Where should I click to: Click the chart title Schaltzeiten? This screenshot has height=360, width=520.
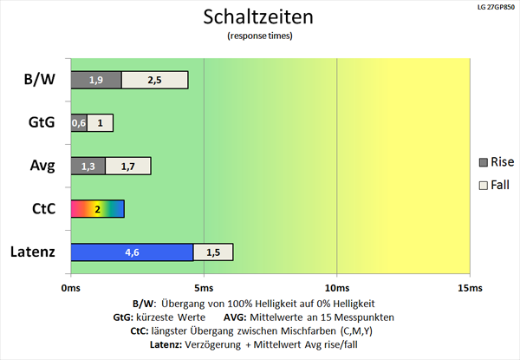pyautogui.click(x=260, y=16)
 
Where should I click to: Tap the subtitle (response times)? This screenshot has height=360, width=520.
pyautogui.click(x=260, y=36)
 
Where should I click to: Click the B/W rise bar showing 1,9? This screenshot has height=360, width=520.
pyautogui.click(x=95, y=80)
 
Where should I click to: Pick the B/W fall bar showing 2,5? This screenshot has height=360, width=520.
pyautogui.click(x=155, y=80)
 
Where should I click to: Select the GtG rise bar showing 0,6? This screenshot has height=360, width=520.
pyautogui.click(x=78, y=122)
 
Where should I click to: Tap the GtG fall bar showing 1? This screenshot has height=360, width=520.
pyautogui.click(x=100, y=122)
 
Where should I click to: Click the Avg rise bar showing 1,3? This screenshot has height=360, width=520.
pyautogui.click(x=88, y=166)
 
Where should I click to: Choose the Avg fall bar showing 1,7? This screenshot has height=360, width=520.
pyautogui.click(x=128, y=166)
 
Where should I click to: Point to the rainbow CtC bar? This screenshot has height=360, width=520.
pyautogui.click(x=97, y=209)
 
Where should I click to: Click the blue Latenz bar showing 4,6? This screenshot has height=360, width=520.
pyautogui.click(x=131, y=252)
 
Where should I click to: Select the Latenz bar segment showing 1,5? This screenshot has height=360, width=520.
pyautogui.click(x=213, y=252)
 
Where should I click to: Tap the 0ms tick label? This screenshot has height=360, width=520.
pyautogui.click(x=71, y=286)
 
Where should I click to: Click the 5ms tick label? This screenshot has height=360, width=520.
pyautogui.click(x=204, y=286)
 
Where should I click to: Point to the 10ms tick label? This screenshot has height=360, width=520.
pyautogui.click(x=336, y=286)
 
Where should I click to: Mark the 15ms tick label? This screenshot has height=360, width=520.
pyautogui.click(x=469, y=286)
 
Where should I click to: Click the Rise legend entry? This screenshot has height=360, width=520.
pyautogui.click(x=496, y=161)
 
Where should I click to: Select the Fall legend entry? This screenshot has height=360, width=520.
pyautogui.click(x=495, y=185)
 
